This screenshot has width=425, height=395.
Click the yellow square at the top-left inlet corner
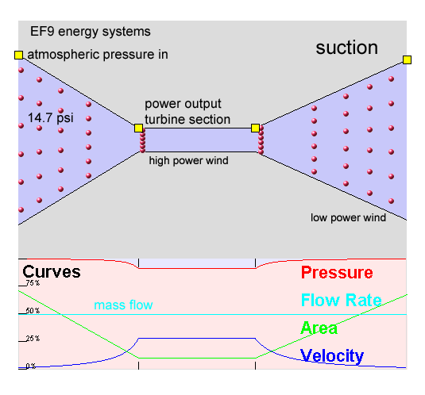click(18, 55)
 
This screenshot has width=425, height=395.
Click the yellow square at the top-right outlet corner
click(407, 59)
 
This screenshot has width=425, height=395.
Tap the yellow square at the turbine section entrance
click(138, 128)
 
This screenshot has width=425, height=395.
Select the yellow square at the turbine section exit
click(255, 128)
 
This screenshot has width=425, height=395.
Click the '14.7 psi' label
click(51, 118)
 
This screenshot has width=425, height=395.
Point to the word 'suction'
click(346, 48)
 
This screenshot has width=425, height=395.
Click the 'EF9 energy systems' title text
click(91, 32)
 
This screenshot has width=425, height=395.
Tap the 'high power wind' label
click(188, 161)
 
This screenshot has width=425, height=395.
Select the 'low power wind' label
click(348, 218)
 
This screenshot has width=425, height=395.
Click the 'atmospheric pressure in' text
click(98, 55)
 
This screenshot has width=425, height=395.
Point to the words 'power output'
click(183, 104)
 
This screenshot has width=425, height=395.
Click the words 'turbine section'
click(187, 119)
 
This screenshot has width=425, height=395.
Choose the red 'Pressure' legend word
click(337, 272)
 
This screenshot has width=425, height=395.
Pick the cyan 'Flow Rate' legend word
click(342, 300)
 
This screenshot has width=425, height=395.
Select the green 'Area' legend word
click(319, 328)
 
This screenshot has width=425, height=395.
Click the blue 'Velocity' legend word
click(332, 356)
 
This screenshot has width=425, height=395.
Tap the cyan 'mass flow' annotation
click(123, 305)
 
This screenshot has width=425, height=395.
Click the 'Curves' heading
click(52, 272)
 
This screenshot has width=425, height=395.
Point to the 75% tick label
click(33, 283)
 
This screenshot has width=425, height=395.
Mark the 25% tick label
click(33, 339)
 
